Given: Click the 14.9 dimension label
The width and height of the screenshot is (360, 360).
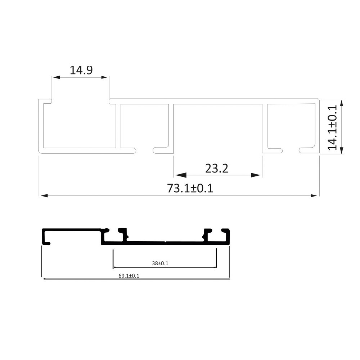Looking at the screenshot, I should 81,69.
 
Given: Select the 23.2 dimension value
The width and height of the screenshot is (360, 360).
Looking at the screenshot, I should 217,168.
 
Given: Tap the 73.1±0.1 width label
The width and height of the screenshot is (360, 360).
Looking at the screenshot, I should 190,188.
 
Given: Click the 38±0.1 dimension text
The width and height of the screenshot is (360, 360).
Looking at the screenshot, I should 160,263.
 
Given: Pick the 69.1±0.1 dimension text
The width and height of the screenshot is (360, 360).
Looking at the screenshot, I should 129,276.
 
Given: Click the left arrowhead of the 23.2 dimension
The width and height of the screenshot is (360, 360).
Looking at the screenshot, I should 180,175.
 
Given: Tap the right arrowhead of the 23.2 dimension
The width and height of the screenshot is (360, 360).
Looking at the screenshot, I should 256,175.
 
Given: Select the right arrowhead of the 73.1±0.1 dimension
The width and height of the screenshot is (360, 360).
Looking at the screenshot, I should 315,196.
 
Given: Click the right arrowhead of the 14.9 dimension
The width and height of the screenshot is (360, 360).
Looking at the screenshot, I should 104,77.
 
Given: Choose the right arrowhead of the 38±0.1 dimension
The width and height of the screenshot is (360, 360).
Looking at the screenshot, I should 215,267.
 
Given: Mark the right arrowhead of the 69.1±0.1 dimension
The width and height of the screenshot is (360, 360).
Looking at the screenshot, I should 228,278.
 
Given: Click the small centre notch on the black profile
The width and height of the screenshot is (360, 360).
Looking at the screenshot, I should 165,242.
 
